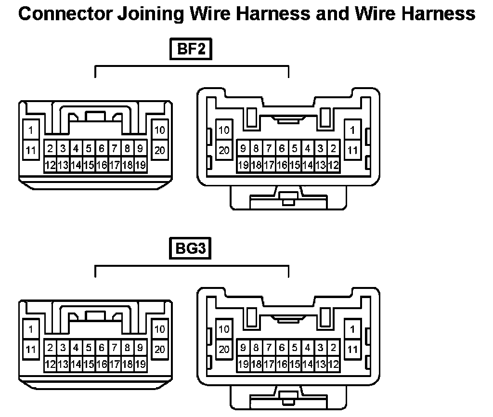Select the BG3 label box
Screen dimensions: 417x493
click(x=191, y=250)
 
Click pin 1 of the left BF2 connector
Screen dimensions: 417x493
click(x=31, y=130)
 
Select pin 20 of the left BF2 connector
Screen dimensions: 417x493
click(x=160, y=150)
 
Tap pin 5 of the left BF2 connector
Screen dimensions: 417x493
click(x=89, y=148)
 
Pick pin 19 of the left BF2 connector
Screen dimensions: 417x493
click(x=140, y=165)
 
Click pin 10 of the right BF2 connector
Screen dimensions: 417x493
click(x=224, y=130)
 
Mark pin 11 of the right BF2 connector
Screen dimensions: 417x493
click(x=353, y=150)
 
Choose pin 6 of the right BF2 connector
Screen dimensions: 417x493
click(x=282, y=148)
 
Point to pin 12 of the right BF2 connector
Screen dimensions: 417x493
click(x=333, y=165)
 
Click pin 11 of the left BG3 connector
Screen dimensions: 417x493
click(x=31, y=350)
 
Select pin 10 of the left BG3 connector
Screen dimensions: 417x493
click(x=160, y=329)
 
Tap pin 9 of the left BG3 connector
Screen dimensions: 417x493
click(x=140, y=347)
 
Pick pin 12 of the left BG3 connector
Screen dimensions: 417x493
click(x=50, y=365)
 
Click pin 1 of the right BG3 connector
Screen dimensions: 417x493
click(x=353, y=329)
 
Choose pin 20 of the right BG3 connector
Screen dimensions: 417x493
click(x=224, y=350)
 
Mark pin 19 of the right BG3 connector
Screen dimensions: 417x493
click(x=244, y=365)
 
